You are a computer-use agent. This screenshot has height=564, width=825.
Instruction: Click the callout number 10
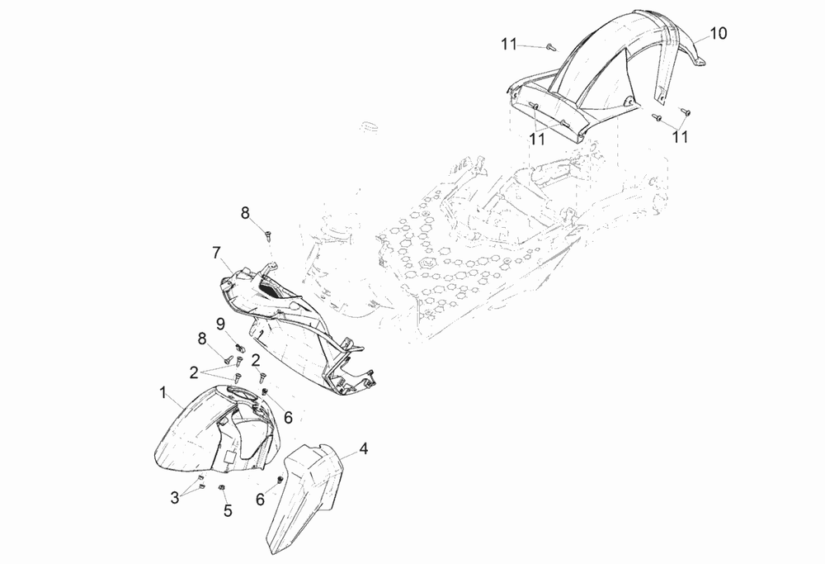point(719,33)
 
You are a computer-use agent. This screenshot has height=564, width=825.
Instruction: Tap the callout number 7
point(216,254)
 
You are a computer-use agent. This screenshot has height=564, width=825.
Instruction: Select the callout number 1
point(163,392)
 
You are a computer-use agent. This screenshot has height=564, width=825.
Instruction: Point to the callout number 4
point(364,449)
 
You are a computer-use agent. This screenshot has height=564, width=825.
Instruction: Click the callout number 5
point(228,510)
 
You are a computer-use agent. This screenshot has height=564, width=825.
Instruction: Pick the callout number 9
point(220,324)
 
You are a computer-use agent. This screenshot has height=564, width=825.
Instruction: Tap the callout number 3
point(175,498)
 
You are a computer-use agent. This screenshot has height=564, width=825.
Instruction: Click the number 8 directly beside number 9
point(202,339)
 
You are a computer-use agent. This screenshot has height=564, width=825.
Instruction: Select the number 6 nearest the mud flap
point(261,500)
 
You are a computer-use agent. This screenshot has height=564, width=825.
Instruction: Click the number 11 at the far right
point(681,137)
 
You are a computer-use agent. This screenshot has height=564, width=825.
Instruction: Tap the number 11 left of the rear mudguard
point(509,45)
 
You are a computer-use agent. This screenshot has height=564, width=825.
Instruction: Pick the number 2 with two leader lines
point(194,373)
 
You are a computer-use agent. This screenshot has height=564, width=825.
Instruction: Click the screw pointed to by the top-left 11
point(551,48)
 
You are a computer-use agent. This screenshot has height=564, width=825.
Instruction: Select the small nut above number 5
point(222,488)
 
